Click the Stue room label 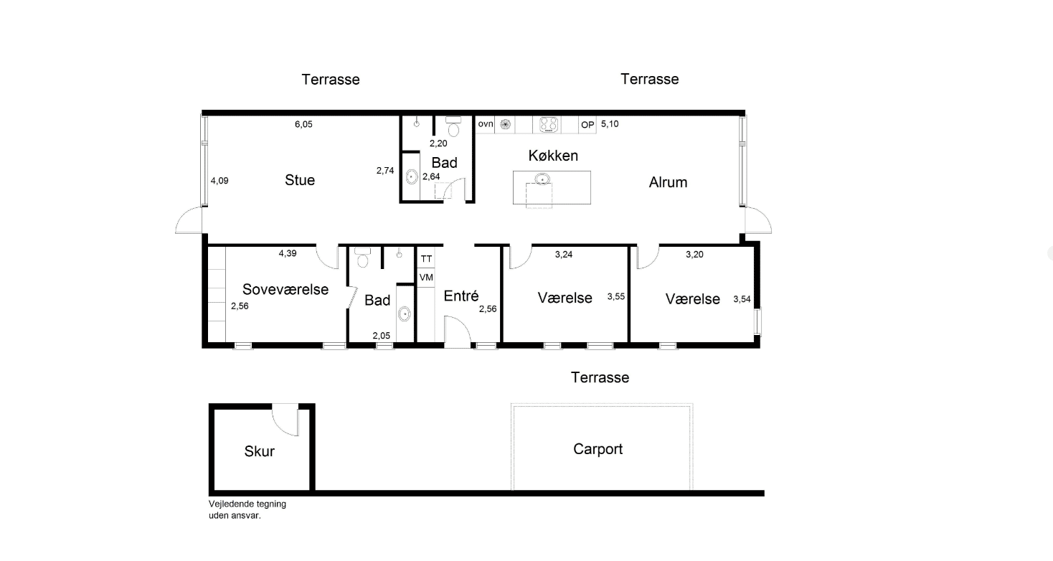(300, 180)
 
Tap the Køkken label (553, 156)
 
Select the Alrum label (668, 182)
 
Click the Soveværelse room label (285, 289)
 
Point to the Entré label (461, 296)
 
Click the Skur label (260, 451)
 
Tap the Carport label (598, 450)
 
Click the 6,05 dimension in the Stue (303, 125)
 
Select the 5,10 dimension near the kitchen (610, 124)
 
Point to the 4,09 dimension (219, 181)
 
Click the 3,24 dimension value (564, 255)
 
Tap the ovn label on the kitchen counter (486, 123)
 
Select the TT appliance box (426, 259)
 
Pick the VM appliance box (426, 278)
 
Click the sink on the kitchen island (542, 179)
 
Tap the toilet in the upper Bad (453, 126)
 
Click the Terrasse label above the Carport (600, 377)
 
